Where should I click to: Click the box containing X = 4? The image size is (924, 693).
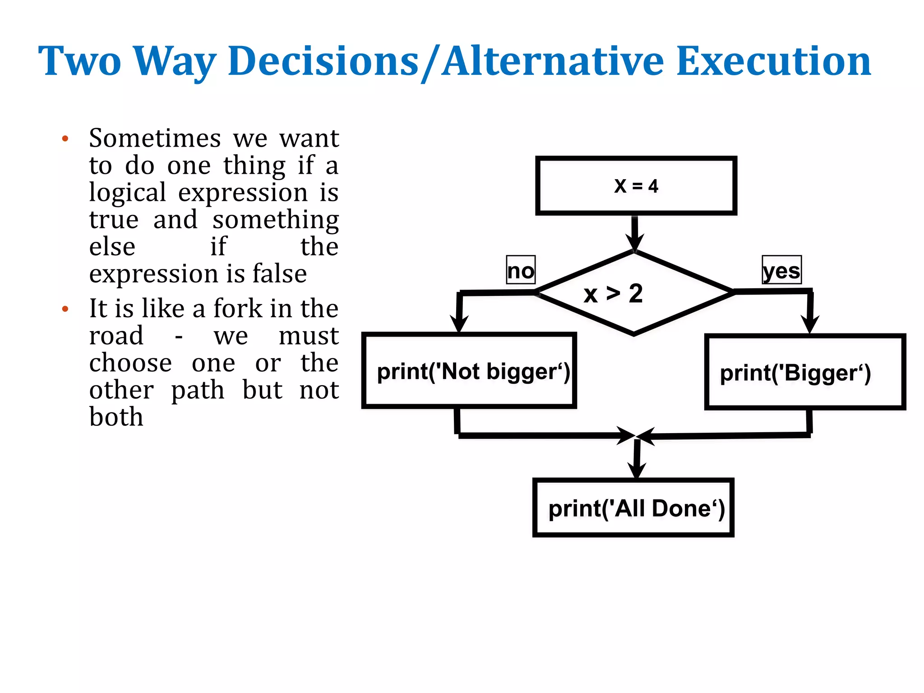pyautogui.click(x=636, y=185)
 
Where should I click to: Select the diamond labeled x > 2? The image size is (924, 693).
pyautogui.click(x=634, y=293)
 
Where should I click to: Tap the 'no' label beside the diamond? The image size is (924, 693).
pyautogui.click(x=521, y=270)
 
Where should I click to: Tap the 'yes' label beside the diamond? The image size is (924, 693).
pyautogui.click(x=781, y=270)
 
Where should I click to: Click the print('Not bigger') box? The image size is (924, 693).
pyautogui.click(x=469, y=371)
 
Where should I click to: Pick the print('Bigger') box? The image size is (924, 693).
pyautogui.click(x=805, y=372)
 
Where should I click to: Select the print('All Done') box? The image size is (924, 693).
pyautogui.click(x=633, y=508)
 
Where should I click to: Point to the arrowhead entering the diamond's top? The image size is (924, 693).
pyautogui.click(x=634, y=242)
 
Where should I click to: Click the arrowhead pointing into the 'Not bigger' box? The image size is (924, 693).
pyautogui.click(x=459, y=323)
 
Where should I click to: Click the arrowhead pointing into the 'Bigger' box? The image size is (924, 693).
pyautogui.click(x=810, y=324)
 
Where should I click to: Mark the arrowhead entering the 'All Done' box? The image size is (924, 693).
pyautogui.click(x=636, y=470)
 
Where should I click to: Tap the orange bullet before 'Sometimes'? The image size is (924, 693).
pyautogui.click(x=65, y=139)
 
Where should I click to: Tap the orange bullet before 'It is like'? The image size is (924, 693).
pyautogui.click(x=65, y=309)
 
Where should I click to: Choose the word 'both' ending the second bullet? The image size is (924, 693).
pyautogui.click(x=116, y=416)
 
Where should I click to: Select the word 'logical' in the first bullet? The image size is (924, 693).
pyautogui.click(x=127, y=193)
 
